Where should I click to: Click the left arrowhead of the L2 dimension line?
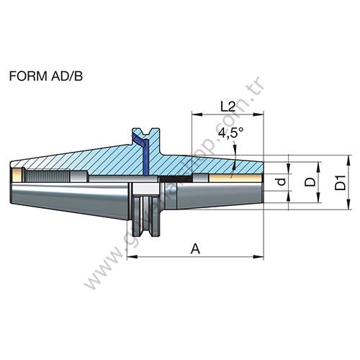[194, 114]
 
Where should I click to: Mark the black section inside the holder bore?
[173, 178]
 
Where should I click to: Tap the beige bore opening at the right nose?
[238, 176]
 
